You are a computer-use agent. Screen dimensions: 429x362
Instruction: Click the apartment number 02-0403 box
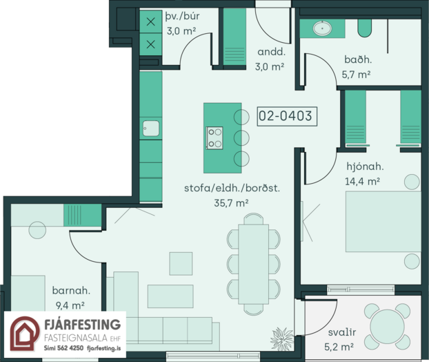point(287,116)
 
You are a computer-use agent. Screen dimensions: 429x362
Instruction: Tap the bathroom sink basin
point(322,28)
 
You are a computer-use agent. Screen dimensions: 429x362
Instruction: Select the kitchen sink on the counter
point(151,128)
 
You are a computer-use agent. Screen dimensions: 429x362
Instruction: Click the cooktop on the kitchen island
point(214,138)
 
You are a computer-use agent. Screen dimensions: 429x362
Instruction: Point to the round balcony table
point(387,326)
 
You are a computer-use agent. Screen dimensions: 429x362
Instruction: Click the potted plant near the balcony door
point(282,339)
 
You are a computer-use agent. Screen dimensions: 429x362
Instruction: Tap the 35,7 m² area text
point(231,203)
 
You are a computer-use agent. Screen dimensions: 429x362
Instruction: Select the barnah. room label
point(71,290)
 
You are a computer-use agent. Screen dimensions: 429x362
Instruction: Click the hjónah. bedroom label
point(365,166)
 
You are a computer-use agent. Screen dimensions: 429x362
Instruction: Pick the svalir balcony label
point(342,332)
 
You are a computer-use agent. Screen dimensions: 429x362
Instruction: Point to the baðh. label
point(358,59)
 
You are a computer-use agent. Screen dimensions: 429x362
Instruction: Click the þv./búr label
point(183,17)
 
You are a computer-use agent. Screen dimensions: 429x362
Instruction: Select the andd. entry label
point(272,52)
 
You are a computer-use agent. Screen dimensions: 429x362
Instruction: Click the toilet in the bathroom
point(364,28)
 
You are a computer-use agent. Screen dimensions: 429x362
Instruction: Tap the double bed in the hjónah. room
point(383,222)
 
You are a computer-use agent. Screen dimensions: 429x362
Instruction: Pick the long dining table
point(253,264)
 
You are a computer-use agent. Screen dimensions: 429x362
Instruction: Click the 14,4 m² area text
point(362,182)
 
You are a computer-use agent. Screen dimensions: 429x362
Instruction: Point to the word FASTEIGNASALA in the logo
point(76,338)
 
